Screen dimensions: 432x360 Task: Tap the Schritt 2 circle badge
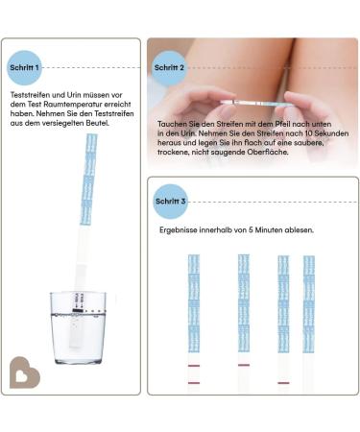(x=168, y=68)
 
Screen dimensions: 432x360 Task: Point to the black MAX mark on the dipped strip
(x=78, y=312)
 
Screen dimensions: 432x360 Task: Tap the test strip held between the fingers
(x=253, y=99)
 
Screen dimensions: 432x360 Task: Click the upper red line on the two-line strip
(x=194, y=367)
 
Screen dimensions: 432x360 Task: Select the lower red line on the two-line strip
(x=194, y=383)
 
